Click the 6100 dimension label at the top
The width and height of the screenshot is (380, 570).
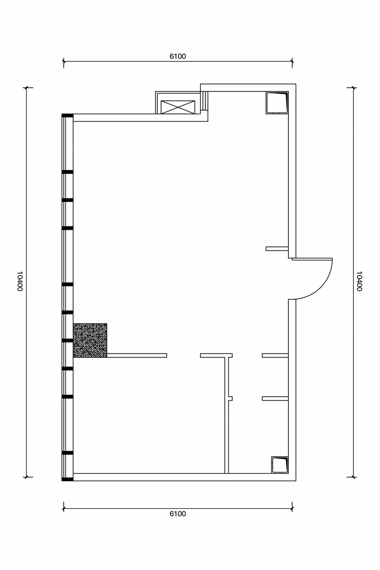click(x=178, y=56)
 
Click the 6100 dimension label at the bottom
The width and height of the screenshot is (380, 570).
click(x=178, y=514)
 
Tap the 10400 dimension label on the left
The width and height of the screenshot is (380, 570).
click(x=20, y=281)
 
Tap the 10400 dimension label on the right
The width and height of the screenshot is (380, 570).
click(x=359, y=281)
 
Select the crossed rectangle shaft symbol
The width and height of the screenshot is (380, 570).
click(x=178, y=107)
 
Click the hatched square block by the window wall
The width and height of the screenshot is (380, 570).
click(x=90, y=340)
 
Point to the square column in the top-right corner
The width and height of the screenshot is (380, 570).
click(x=277, y=103)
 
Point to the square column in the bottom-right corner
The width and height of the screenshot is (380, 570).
click(x=280, y=465)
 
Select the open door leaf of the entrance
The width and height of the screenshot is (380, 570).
click(x=312, y=259)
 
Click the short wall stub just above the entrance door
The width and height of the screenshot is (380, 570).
click(x=277, y=249)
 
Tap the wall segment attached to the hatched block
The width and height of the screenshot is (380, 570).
click(x=137, y=355)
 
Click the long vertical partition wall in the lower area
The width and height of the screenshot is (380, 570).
click(x=227, y=415)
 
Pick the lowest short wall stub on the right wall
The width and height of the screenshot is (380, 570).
click(x=275, y=399)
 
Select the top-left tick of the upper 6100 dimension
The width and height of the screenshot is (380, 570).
click(x=64, y=61)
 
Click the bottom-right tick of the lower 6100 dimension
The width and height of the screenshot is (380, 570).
click(x=292, y=509)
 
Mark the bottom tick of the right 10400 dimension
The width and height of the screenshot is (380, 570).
click(x=353, y=477)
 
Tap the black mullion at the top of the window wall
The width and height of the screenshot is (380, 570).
click(x=68, y=116)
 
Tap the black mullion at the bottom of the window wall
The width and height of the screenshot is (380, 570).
click(x=68, y=480)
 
